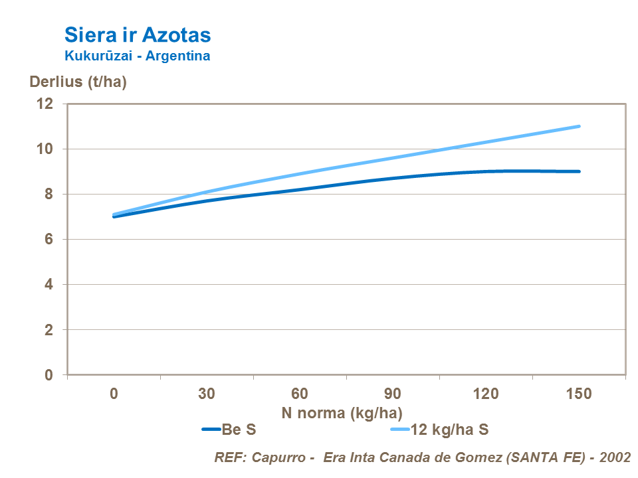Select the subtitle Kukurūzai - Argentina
pyautogui.click(x=137, y=56)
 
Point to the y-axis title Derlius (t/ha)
pyautogui.click(x=78, y=82)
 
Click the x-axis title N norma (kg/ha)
pyautogui.click(x=342, y=412)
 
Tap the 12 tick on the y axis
pyautogui.click(x=45, y=104)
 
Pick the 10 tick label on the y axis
pyautogui.click(x=45, y=149)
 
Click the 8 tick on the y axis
pyautogui.click(x=48, y=194)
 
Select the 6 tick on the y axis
pyautogui.click(x=48, y=239)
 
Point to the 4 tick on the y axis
pyautogui.click(x=48, y=284)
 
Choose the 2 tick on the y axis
pyautogui.click(x=48, y=329)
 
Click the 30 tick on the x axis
pyautogui.click(x=207, y=394)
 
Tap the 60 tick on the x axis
pyautogui.click(x=300, y=394)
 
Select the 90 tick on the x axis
pyautogui.click(x=393, y=394)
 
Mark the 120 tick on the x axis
pyautogui.click(x=486, y=394)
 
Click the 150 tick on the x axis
pyautogui.click(x=579, y=394)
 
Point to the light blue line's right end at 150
pyautogui.click(x=579, y=126)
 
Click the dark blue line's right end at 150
pyautogui.click(x=579, y=171)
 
